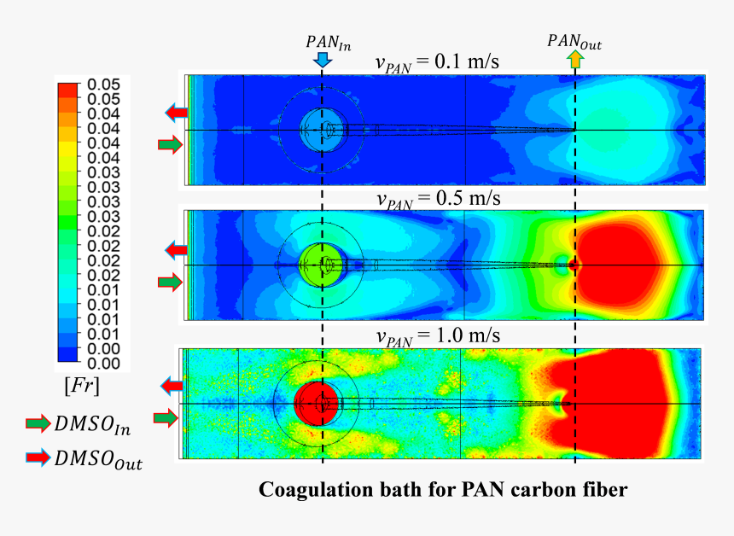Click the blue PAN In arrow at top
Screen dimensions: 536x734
(x=322, y=59)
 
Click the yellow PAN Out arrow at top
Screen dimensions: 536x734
(x=574, y=59)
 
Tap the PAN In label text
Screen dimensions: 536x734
(x=328, y=40)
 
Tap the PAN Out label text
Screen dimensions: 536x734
(x=574, y=41)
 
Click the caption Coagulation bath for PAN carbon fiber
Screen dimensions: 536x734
(x=443, y=490)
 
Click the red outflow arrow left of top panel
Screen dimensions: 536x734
(x=178, y=112)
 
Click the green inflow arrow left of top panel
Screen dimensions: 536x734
(x=171, y=144)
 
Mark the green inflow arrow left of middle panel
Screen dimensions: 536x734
(x=171, y=282)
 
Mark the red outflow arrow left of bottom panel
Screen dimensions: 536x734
(x=172, y=387)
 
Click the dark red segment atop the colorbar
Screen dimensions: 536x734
(x=67, y=89)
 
